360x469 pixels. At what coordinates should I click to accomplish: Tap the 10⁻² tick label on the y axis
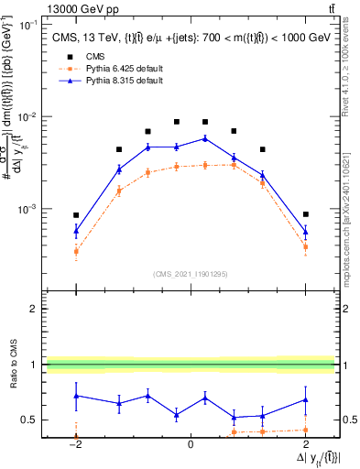click(x=28, y=117)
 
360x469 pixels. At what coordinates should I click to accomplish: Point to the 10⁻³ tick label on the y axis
click(x=28, y=209)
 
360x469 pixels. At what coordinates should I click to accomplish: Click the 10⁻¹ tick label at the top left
click(x=28, y=26)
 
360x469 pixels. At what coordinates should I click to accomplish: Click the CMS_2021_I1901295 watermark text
click(x=190, y=274)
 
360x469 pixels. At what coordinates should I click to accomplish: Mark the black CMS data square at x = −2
click(x=76, y=215)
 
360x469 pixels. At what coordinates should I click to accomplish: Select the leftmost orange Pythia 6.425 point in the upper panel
click(x=76, y=251)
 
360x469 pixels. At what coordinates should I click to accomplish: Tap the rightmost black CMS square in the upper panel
click(x=306, y=214)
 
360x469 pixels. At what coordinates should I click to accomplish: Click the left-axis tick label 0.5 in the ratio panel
click(x=31, y=420)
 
